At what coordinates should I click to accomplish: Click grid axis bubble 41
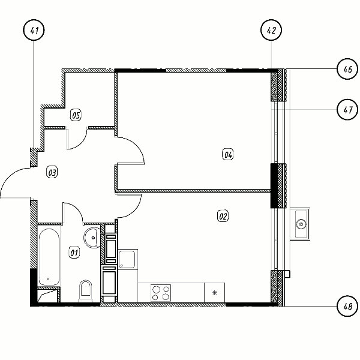pos(34,30)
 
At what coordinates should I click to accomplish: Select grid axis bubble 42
pos(271,30)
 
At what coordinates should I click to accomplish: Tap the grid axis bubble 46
pos(347,69)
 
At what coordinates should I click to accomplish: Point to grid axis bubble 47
pos(347,110)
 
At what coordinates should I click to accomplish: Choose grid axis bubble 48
pos(347,306)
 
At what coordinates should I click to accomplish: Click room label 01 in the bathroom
pos(74,253)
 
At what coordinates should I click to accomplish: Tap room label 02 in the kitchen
pos(223,216)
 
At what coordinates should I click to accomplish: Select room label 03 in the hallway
pos(52,172)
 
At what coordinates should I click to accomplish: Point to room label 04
pos(228,154)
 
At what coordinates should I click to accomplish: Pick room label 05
pos(76,115)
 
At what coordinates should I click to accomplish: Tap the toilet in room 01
pos(86,290)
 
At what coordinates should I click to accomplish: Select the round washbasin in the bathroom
pos(92,238)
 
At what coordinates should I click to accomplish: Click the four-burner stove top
pos(161,293)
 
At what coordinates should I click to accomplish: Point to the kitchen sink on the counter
pos(128,259)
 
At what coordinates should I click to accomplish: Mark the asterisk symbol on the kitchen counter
pos(214,293)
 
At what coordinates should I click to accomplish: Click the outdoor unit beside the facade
pos(300,224)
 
